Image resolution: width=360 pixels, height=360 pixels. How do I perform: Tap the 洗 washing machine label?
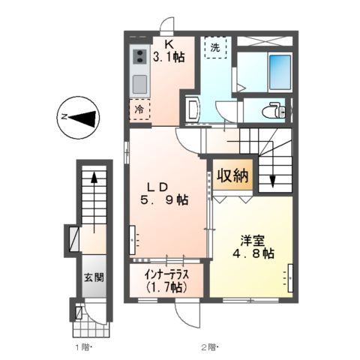point(215,47)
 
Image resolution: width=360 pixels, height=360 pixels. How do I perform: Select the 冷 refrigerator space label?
point(139,109)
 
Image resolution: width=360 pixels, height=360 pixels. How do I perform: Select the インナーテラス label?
point(166,280)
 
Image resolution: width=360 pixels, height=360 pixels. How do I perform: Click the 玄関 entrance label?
point(94,277)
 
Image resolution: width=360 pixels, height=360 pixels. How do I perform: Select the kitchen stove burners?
point(140,56)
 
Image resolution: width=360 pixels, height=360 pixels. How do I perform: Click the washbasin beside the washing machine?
point(190,109)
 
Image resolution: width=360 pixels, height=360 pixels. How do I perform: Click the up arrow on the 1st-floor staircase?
point(94,180)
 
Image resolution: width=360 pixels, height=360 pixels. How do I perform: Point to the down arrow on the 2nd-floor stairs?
point(272,181)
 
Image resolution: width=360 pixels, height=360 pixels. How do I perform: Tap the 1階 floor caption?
point(82,347)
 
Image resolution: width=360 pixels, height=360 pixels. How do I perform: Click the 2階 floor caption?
point(208,347)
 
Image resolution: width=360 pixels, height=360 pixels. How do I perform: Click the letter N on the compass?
point(64,116)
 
